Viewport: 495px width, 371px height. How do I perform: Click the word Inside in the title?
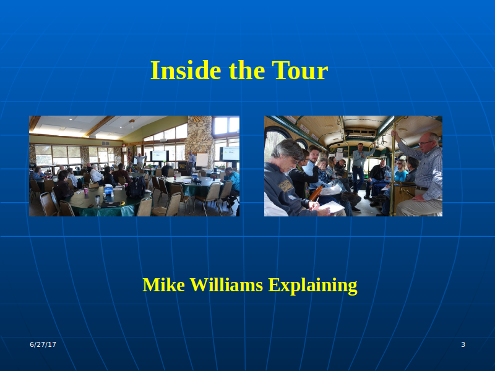tap(186, 70)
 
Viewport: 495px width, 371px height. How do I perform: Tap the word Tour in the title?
tap(300, 70)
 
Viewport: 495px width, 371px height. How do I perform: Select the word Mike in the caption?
tap(163, 285)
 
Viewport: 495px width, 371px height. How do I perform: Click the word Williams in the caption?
tap(226, 285)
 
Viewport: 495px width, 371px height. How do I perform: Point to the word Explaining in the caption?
tap(312, 286)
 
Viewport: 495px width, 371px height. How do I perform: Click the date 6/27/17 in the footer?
tap(43, 344)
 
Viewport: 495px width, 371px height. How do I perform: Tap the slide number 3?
tap(463, 344)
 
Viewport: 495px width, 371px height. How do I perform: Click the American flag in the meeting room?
tap(129, 154)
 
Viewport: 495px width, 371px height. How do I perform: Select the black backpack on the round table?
tap(136, 188)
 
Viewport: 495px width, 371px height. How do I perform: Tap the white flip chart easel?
tap(202, 160)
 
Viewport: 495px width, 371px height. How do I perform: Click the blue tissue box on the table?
tap(108, 190)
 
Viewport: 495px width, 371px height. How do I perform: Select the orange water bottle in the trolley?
tap(316, 192)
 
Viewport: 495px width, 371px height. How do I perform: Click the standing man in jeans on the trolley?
tap(360, 167)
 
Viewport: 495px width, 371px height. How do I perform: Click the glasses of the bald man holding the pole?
tap(424, 143)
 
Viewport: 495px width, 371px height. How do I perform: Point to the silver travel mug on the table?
tap(98, 200)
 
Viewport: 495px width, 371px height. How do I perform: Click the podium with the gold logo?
tap(183, 168)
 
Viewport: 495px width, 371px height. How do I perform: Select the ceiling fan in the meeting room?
tap(132, 121)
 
